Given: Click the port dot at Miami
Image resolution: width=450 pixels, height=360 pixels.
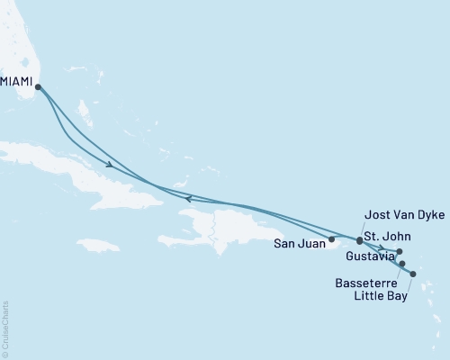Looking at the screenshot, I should pos(38,86).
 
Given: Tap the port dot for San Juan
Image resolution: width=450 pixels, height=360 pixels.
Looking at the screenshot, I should pos(332,239).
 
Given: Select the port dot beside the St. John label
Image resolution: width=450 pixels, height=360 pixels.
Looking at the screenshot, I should pos(359,240).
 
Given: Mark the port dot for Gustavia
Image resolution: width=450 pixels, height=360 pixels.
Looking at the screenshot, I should pos(399,251).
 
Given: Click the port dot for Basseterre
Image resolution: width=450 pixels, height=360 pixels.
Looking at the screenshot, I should pos(402,264).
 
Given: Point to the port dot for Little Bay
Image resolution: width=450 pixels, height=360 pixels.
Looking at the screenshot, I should pos(413,274).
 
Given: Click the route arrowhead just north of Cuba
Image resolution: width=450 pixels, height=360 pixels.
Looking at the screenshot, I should pos(109,165).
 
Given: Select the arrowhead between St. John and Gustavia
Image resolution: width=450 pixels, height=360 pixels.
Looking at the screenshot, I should pos(382,247).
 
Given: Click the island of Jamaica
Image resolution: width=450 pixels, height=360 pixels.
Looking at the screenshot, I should pos(98,244).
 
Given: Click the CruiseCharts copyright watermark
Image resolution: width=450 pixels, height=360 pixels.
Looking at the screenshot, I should pos(5,329).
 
